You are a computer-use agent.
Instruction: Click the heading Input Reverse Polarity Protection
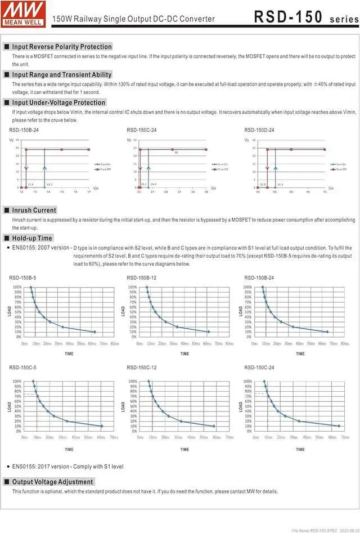(x=62, y=47)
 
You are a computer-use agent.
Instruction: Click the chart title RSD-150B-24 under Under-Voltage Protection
(x=24, y=130)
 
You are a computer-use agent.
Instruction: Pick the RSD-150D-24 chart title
(x=259, y=130)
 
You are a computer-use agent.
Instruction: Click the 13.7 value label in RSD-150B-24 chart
(x=49, y=185)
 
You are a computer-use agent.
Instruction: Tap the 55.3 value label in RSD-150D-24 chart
(x=280, y=185)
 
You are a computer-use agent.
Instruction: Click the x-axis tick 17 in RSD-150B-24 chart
(x=88, y=192)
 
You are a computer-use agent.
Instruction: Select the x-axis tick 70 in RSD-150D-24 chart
(x=325, y=192)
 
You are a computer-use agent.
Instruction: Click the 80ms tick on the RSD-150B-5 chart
(x=115, y=343)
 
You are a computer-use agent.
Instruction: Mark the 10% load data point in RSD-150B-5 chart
(x=94, y=332)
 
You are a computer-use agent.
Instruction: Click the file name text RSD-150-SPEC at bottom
(x=314, y=530)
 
